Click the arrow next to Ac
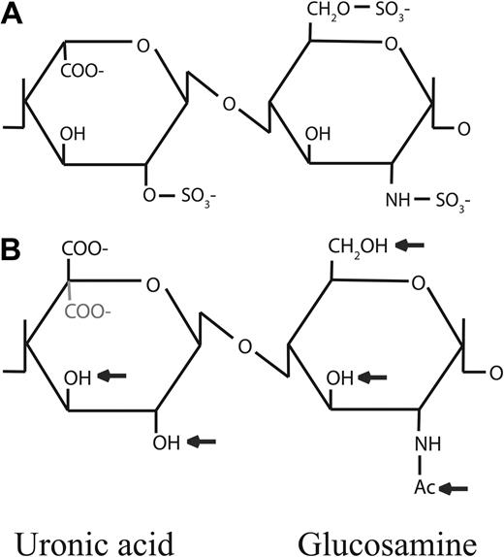[x=455, y=488]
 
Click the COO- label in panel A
[x=88, y=71]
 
